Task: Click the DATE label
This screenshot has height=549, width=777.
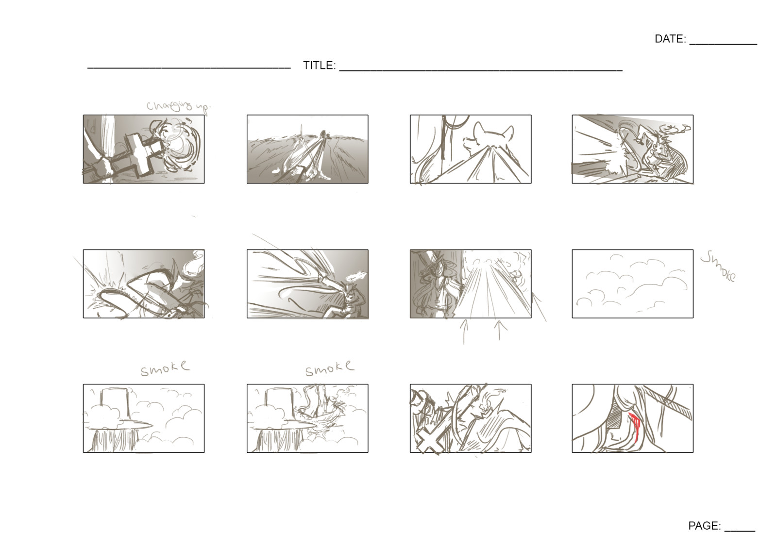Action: (x=670, y=39)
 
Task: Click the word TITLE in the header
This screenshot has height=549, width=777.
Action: (x=319, y=66)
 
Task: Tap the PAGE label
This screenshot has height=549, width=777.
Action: (x=704, y=526)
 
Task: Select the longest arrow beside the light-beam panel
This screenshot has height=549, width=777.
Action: (x=539, y=306)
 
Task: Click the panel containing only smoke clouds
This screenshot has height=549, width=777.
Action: (x=632, y=284)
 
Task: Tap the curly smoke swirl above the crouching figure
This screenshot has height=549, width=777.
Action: (x=675, y=129)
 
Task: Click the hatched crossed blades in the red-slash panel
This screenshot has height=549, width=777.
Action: (x=673, y=403)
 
